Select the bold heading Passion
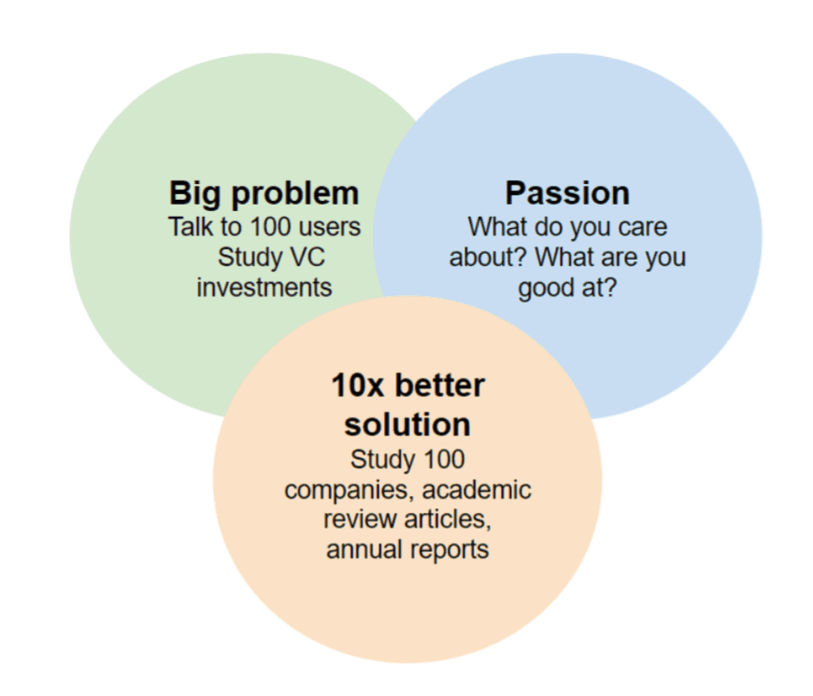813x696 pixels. [x=567, y=193]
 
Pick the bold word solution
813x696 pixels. [x=407, y=425]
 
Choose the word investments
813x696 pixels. [x=264, y=286]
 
